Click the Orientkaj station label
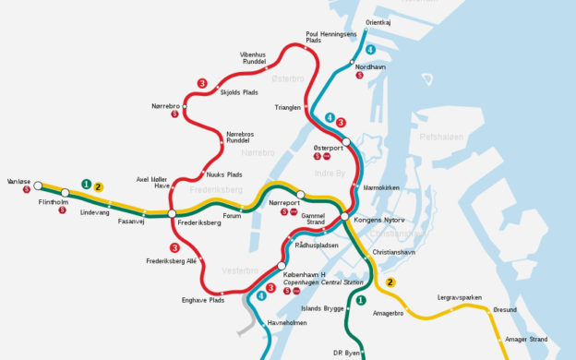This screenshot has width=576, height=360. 378,21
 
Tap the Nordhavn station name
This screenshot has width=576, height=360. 371,66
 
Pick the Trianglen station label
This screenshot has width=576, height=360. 288,108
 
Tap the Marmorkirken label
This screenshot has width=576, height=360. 381,187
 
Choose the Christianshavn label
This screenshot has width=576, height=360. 395,251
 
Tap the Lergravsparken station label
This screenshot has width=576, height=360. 460,297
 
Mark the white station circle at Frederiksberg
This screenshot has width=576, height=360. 172,213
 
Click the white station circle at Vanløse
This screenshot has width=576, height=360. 38,186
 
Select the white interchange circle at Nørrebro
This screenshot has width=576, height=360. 185,106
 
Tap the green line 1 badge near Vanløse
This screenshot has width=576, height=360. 86,184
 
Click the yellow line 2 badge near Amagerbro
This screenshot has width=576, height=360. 391,282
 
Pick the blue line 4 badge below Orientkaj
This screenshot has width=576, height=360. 370,49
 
